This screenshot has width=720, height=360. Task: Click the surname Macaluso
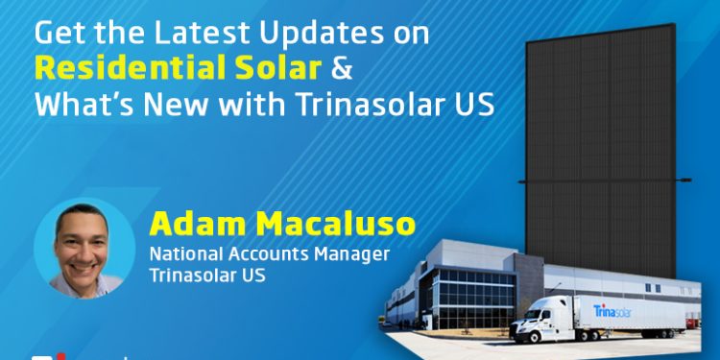coord(332,226)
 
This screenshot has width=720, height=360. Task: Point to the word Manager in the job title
coord(331,255)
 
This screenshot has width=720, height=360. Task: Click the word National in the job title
coord(182,255)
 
